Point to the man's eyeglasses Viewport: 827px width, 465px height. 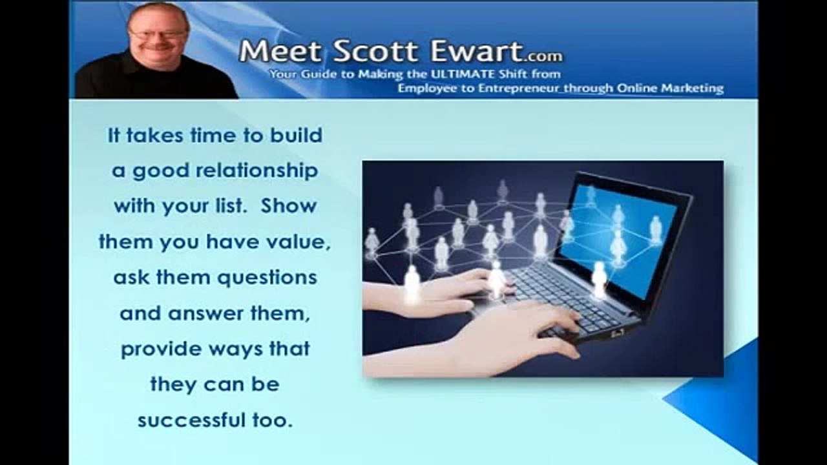coord(157,34)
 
